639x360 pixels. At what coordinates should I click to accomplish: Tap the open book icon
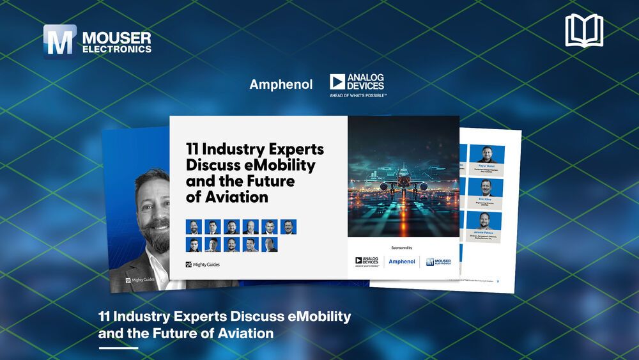(584, 31)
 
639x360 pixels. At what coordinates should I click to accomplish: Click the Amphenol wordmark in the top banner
(281, 84)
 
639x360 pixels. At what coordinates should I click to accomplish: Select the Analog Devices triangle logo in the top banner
(337, 82)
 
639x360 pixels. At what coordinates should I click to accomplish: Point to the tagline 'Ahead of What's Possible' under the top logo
(358, 95)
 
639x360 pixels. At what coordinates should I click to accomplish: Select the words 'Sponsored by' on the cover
(401, 247)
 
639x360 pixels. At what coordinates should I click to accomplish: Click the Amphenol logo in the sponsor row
(402, 262)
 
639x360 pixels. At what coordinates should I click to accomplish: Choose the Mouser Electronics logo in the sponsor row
(438, 262)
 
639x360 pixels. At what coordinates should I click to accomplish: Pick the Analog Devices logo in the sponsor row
(367, 261)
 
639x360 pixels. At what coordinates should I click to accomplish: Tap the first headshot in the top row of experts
(194, 226)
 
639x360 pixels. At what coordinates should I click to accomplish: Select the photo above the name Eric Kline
(487, 187)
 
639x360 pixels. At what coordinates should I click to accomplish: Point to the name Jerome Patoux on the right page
(487, 233)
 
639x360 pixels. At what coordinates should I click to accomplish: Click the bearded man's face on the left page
(154, 211)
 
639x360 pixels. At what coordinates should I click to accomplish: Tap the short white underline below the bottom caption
(118, 348)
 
